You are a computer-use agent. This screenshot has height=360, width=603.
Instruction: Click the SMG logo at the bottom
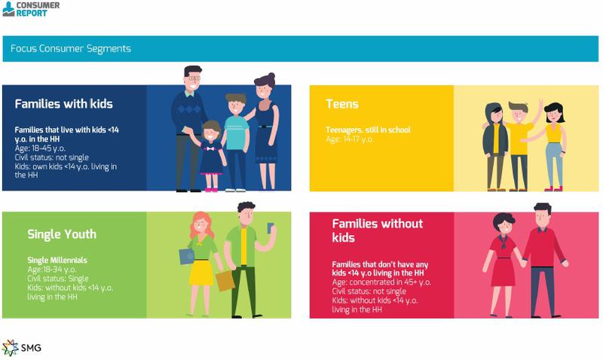tap(23, 346)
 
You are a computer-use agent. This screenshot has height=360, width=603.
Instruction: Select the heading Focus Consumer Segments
tap(71, 49)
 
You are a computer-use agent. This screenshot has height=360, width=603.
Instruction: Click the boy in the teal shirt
tap(235, 136)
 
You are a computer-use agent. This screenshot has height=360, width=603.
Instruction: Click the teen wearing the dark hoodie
tap(495, 143)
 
